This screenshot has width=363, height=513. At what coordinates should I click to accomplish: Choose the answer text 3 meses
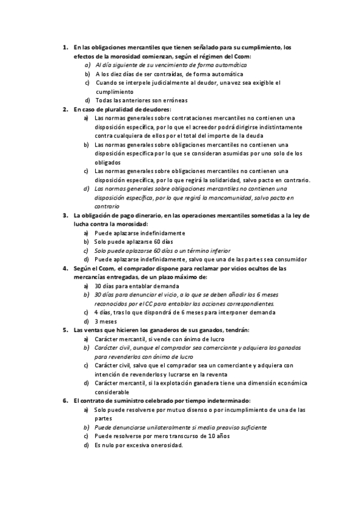[106, 321]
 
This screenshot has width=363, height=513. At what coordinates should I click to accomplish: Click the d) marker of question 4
[87, 321]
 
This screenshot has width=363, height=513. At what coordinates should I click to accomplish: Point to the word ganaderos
[142, 330]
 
